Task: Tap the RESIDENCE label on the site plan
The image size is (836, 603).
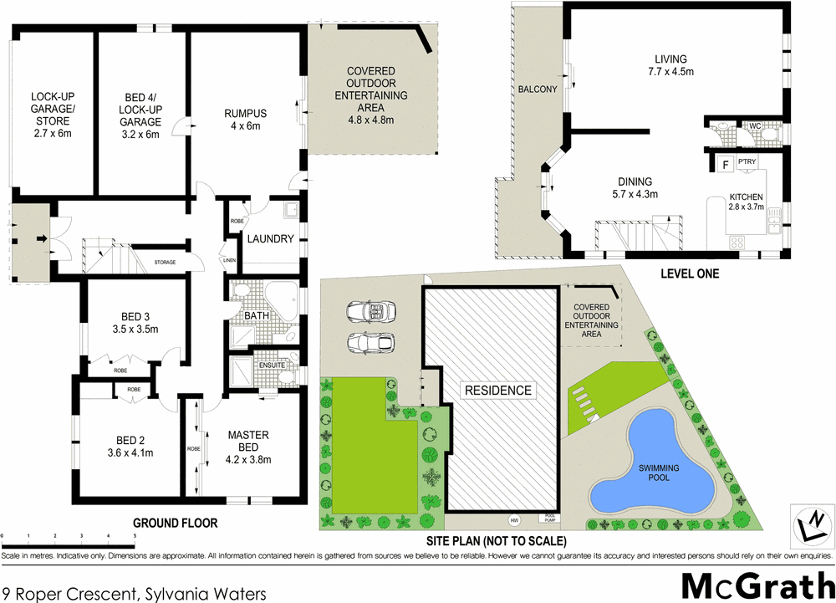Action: (498, 390)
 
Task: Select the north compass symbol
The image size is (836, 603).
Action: (811, 524)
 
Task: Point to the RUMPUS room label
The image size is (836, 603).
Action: (245, 114)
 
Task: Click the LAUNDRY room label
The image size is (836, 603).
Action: (269, 238)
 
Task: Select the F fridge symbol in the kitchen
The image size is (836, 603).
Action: (725, 165)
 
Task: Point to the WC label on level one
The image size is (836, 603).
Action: (753, 126)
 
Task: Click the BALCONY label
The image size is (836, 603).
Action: (538, 89)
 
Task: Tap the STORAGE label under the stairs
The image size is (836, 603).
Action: (165, 263)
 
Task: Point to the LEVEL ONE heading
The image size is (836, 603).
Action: (689, 273)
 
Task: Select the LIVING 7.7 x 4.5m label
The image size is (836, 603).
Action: (671, 65)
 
